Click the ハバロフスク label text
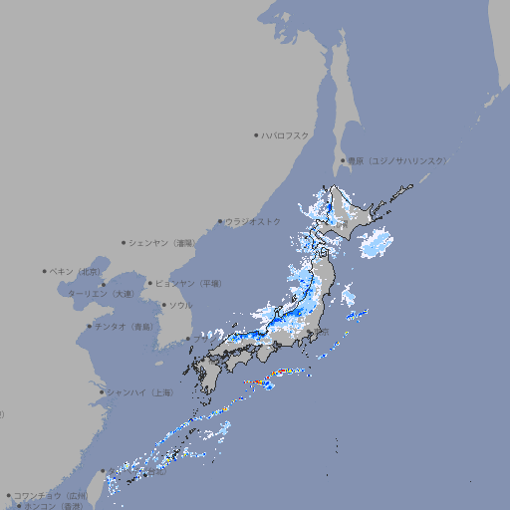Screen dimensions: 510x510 pos(287,134)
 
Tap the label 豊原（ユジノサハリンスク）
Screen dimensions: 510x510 pos(397,160)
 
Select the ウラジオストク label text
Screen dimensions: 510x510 pos(254,221)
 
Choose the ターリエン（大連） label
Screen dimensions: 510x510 pos(101,294)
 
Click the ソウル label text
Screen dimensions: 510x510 pos(180,305)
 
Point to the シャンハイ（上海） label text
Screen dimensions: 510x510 pos(139,392)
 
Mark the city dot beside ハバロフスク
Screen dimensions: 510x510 pos(256,134)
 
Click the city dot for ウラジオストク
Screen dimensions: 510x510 pos(220,221)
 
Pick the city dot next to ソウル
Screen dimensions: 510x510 pos(163,305)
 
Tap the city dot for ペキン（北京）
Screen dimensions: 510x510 pos(45,271)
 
